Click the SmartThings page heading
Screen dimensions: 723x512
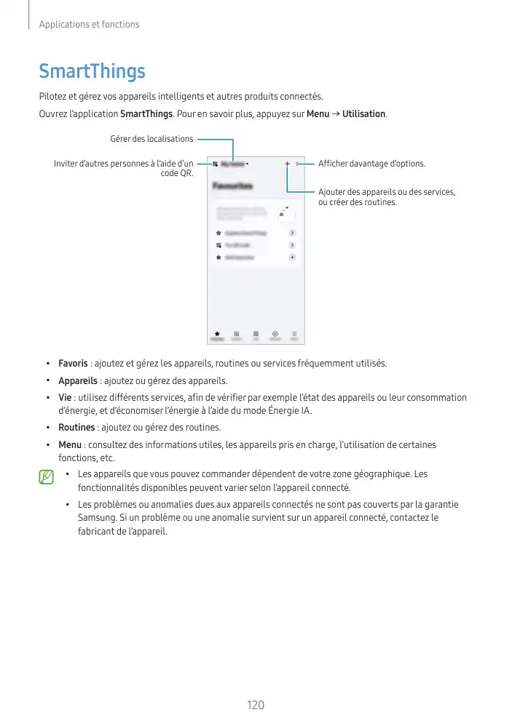[92, 71]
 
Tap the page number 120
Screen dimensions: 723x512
[256, 705]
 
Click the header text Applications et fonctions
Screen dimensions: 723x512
[89, 25]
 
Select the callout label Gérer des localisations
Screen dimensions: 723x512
[151, 139]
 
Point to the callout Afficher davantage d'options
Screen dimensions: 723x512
[371, 164]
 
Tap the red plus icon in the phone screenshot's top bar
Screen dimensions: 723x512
[288, 164]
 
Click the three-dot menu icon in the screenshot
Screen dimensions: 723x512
[297, 164]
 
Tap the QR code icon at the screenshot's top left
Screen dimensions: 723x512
[215, 164]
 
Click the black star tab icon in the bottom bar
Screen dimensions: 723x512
[217, 333]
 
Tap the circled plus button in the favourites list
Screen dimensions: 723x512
[292, 257]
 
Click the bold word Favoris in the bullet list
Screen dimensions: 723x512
[73, 363]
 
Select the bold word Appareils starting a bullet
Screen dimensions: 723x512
[78, 380]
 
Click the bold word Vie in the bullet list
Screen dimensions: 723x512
[65, 398]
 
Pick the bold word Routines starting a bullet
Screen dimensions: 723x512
[76, 427]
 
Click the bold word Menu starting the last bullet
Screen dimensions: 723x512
[70, 444]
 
